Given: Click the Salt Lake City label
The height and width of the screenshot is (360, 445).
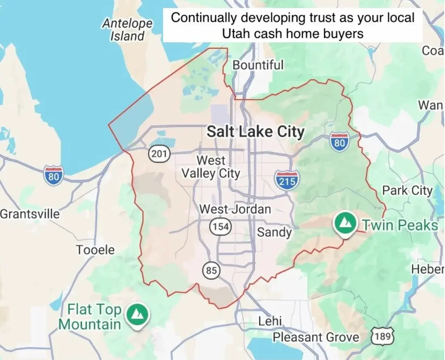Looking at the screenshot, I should pyautogui.click(x=256, y=132).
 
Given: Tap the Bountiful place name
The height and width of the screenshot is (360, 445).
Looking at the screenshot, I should pyautogui.click(x=258, y=65).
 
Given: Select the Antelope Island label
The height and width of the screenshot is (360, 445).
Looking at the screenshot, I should pyautogui.click(x=127, y=30).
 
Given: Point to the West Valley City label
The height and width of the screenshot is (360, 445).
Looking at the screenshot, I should pyautogui.click(x=211, y=167).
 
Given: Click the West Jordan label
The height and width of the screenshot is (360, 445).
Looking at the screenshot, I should pyautogui.click(x=235, y=209).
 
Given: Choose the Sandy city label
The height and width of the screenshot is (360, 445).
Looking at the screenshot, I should pyautogui.click(x=274, y=232).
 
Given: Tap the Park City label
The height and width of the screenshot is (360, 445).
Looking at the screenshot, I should pyautogui.click(x=407, y=190).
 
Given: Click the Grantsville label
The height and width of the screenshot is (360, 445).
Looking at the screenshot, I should pyautogui.click(x=30, y=214).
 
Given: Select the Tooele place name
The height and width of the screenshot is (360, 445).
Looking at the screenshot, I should pyautogui.click(x=96, y=250).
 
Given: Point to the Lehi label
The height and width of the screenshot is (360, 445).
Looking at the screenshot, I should pyautogui.click(x=270, y=321).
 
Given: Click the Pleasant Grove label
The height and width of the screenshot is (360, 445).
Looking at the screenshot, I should pyautogui.click(x=316, y=337).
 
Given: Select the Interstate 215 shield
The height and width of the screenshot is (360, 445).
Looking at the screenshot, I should pyautogui.click(x=287, y=179).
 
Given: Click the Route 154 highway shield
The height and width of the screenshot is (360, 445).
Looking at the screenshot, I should pyautogui.click(x=220, y=227).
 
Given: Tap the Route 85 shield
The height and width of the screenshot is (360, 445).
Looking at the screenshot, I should pyautogui.click(x=211, y=270).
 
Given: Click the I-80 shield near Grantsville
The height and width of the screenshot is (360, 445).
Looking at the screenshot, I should pyautogui.click(x=54, y=176).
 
